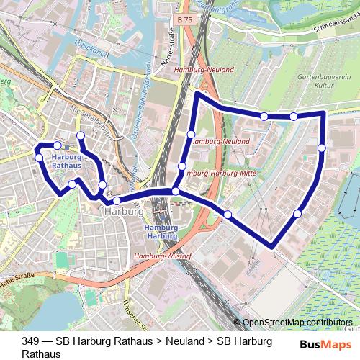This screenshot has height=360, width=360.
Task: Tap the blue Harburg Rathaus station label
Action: (68, 161)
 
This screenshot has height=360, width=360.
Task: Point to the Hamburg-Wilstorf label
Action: (161, 256)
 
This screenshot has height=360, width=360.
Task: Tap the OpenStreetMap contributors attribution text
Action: (297, 323)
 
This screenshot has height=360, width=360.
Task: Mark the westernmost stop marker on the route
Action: (39, 157)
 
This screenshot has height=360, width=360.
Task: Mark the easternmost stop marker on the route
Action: (321, 148)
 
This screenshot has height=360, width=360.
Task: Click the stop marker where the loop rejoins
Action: (176, 191)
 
